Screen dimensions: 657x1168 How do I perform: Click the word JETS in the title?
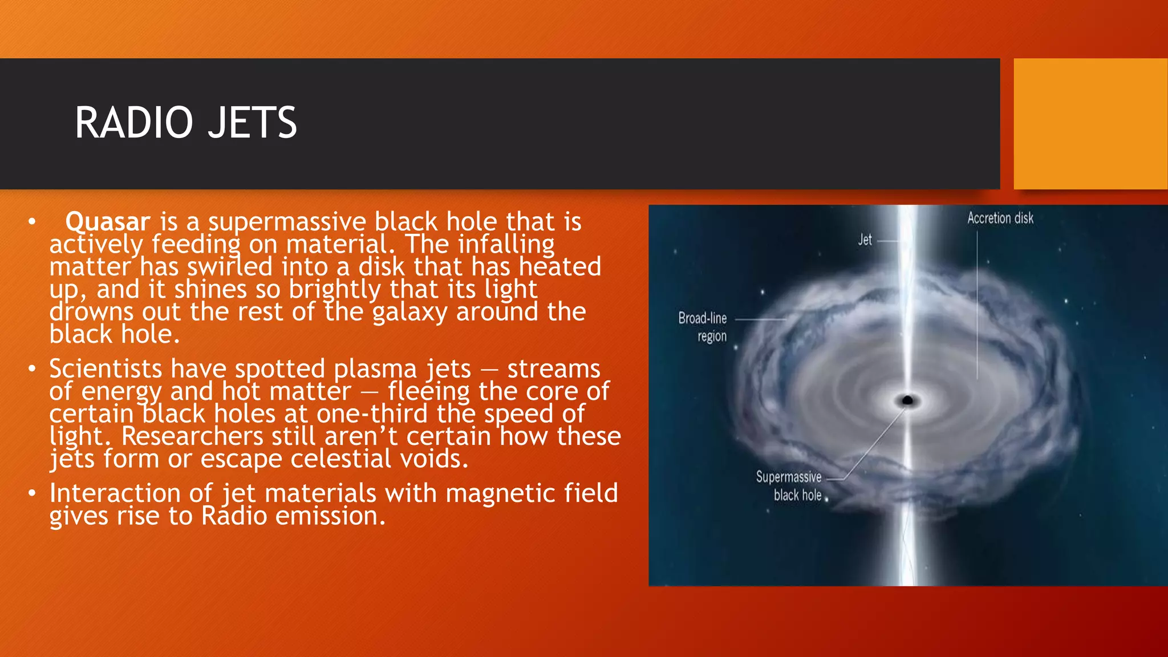pyautogui.click(x=252, y=123)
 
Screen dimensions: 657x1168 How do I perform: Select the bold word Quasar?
pyautogui.click(x=108, y=221)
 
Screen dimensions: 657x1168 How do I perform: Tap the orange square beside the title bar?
pyautogui.click(x=1090, y=124)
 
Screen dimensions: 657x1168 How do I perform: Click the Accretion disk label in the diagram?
pyautogui.click(x=1000, y=218)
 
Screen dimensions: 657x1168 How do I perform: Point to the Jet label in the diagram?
pyautogui.click(x=865, y=240)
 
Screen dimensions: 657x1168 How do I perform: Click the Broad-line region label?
pyautogui.click(x=703, y=327)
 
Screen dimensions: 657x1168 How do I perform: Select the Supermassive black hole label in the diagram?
pyautogui.click(x=789, y=485)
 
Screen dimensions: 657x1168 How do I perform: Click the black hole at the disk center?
pyautogui.click(x=907, y=400)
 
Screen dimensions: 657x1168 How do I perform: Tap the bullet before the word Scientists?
pyautogui.click(x=32, y=369)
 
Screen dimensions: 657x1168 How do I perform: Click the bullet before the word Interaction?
pyautogui.click(x=32, y=493)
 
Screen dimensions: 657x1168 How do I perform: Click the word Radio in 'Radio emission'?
pyautogui.click(x=234, y=516)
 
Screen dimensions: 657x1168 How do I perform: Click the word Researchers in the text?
pyautogui.click(x=192, y=436)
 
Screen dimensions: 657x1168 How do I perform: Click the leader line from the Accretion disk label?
pyautogui.click(x=978, y=308)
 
